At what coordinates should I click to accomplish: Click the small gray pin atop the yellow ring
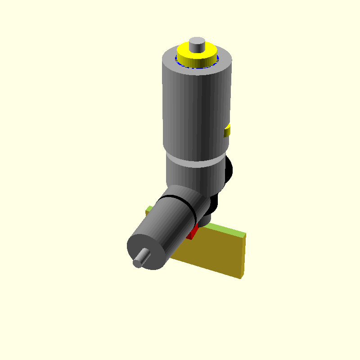tap(197, 44)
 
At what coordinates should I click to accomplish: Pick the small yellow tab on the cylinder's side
tap(228, 131)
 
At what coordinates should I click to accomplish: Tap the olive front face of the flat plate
tap(211, 252)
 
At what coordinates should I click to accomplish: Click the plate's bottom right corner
tap(241, 277)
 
